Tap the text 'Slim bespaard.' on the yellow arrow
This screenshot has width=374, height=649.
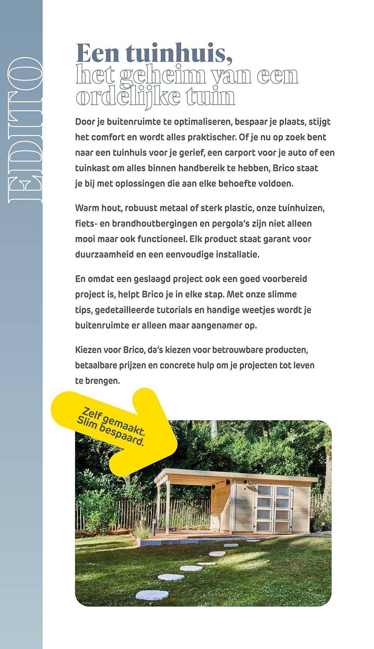pos(110,431)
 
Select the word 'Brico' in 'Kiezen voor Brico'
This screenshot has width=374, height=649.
pos(134,350)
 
